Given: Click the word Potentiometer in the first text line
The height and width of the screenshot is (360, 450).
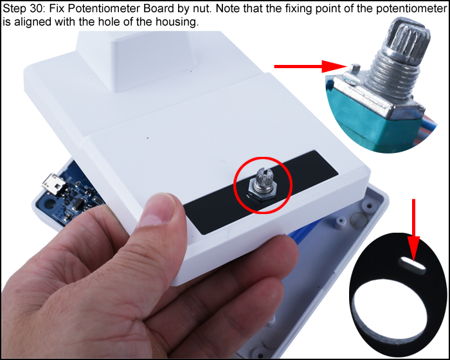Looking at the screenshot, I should [x=87, y=9].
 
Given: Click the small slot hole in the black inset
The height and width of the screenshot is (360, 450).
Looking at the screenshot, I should [x=410, y=263].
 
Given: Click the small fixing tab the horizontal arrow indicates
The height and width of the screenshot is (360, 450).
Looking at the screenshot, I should [x=354, y=67].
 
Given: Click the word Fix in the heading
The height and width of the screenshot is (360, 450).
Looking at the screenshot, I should [x=54, y=9].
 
